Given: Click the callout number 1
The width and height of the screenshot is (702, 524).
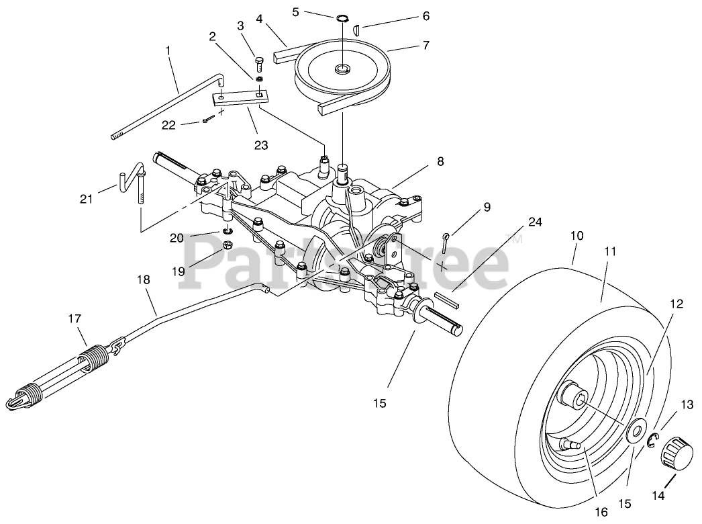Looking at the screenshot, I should tap(168, 51).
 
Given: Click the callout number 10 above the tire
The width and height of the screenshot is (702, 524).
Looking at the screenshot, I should tap(577, 236).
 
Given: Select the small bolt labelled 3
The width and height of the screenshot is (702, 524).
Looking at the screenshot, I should tap(259, 64).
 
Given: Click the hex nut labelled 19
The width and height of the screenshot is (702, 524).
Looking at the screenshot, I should tap(227, 245).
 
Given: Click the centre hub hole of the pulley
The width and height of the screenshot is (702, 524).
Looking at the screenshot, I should tap(343, 69).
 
